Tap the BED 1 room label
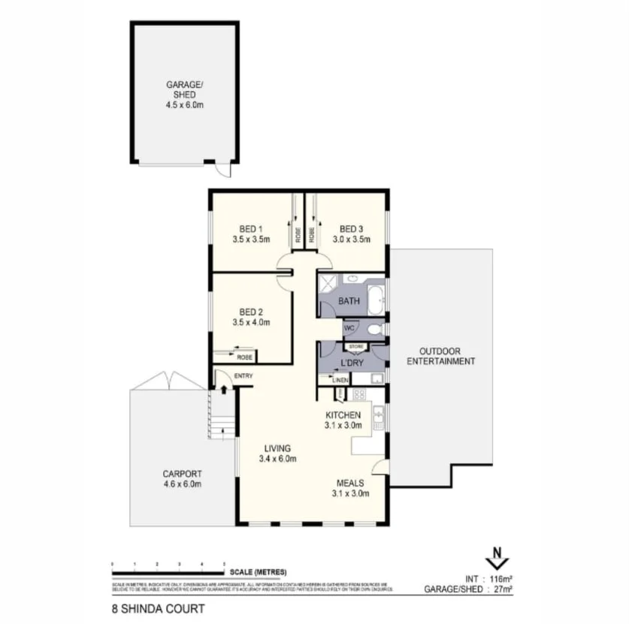250,230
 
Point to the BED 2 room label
250,312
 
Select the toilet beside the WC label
375,329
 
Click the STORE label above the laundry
355,346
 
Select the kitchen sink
379,415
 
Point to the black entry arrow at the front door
223,390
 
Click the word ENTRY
244,376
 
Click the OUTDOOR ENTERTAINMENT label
440,356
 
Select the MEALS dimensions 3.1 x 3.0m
350,493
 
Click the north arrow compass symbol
497,559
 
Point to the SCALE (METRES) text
259,572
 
